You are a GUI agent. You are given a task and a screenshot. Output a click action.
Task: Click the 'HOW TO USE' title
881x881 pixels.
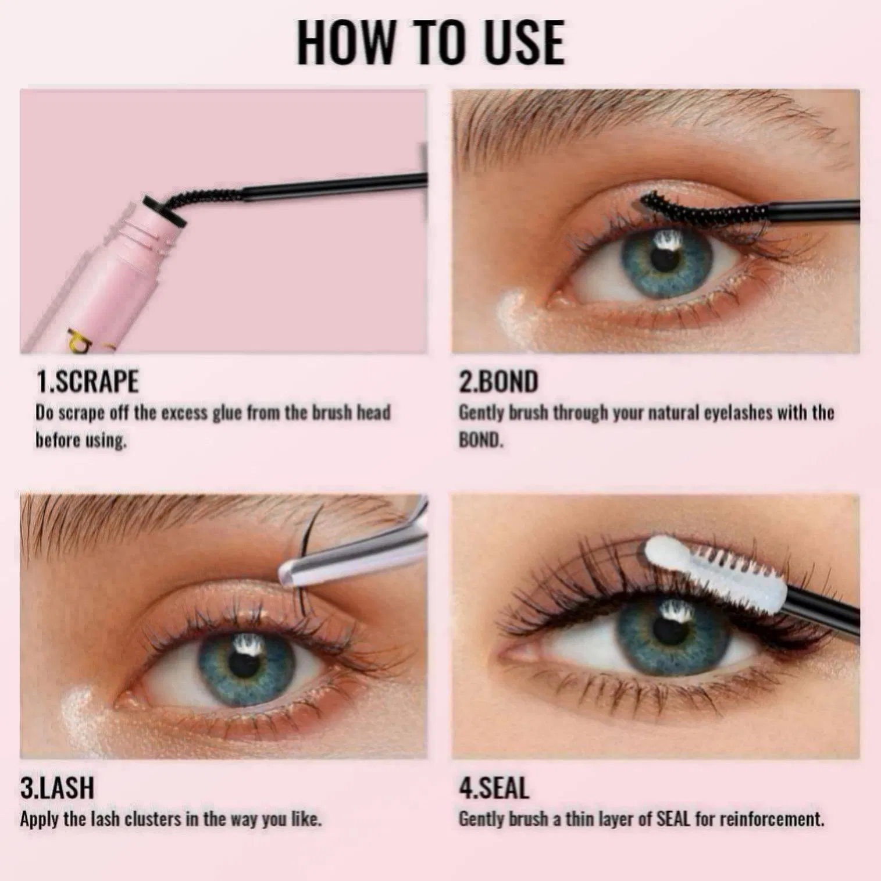(x=430, y=42)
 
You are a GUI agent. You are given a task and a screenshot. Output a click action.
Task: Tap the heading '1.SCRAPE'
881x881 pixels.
(x=88, y=382)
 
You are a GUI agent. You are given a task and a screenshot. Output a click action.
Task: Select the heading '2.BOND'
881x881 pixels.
(x=498, y=382)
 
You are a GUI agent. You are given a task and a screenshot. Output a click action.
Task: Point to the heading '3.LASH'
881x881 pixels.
(x=57, y=788)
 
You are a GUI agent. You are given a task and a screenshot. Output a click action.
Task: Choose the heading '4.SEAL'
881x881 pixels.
(x=494, y=788)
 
